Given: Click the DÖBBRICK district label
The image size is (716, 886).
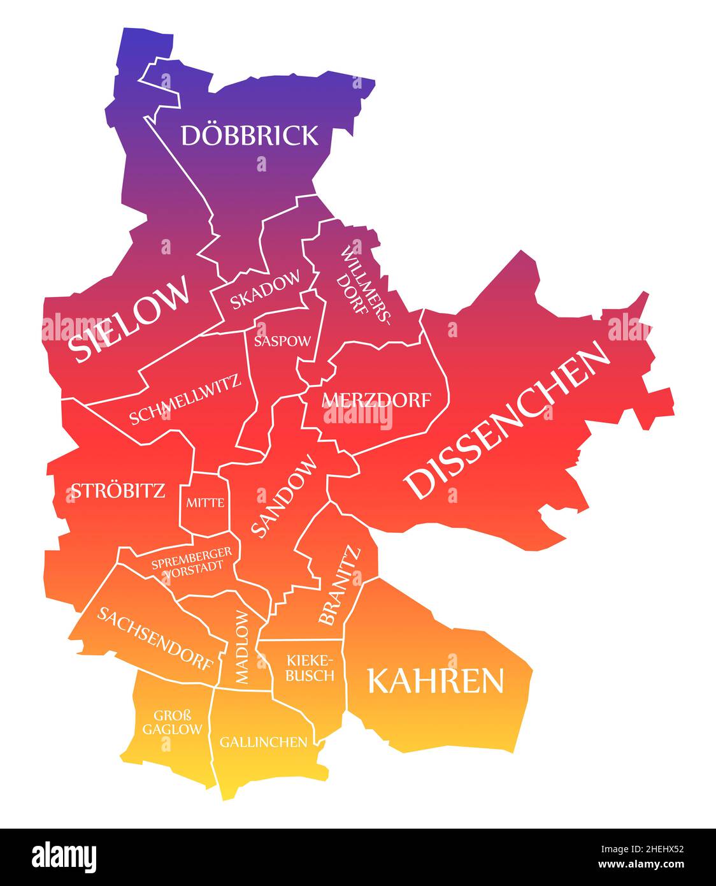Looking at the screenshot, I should (250, 135).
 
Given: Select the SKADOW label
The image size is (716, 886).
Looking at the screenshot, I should (265, 290).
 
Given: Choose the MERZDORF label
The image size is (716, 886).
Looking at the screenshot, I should (376, 400).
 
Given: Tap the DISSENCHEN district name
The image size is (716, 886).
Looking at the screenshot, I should (508, 418).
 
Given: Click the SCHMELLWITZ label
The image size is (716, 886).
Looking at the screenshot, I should (185, 400).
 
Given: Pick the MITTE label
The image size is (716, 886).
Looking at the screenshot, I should (205, 503).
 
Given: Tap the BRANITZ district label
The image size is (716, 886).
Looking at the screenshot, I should (339, 585).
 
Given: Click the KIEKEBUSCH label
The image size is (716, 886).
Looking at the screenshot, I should (310, 667).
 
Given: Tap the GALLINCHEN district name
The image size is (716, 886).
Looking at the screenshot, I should (264, 742).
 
